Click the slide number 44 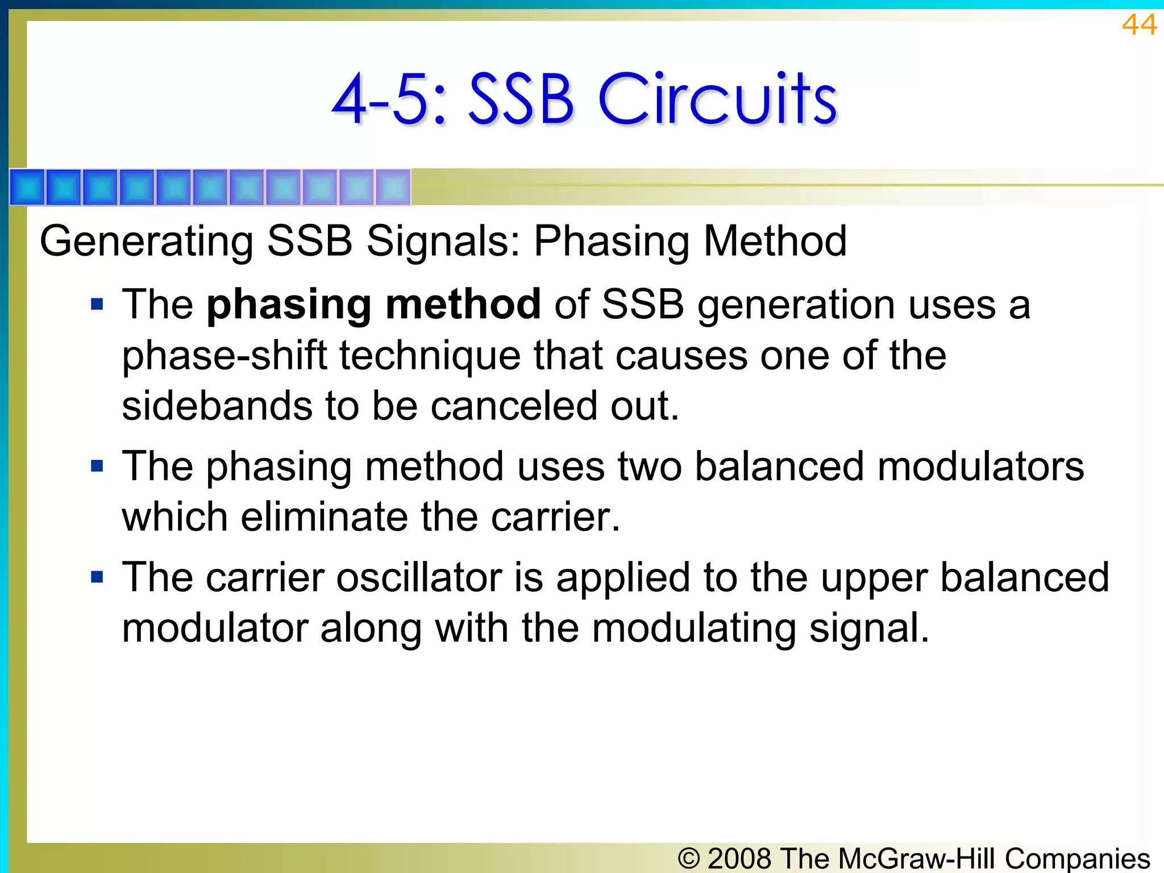1138,25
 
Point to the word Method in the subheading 775,241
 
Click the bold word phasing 288,306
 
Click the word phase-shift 225,356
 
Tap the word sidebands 217,406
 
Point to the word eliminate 324,517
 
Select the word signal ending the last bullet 868,629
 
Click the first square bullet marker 97,305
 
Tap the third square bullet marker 97,577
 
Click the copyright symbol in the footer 689,858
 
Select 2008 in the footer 739,858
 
